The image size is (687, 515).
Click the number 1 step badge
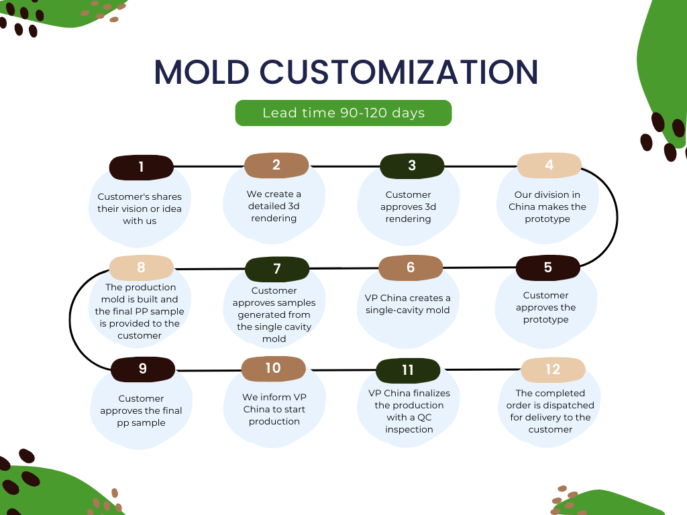141,167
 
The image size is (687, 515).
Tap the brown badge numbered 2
276,165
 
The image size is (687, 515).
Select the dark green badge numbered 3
412,166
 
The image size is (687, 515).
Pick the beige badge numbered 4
549,165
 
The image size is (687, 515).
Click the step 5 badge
547,268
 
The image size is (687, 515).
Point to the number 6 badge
411,268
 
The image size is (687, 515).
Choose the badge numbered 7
277,270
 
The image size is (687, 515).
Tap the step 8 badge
141,268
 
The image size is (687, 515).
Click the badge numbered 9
143,369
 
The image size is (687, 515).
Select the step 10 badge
274,368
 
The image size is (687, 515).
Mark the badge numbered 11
408,370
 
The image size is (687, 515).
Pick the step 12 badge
553,369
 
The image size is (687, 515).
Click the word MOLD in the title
202,72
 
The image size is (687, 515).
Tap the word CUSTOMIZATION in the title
399,72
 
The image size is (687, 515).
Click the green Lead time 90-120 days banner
343,113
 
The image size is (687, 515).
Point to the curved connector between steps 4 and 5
617,217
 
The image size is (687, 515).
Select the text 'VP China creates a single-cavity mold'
407,304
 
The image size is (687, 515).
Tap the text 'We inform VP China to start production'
274,409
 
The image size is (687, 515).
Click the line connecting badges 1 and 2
209,166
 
